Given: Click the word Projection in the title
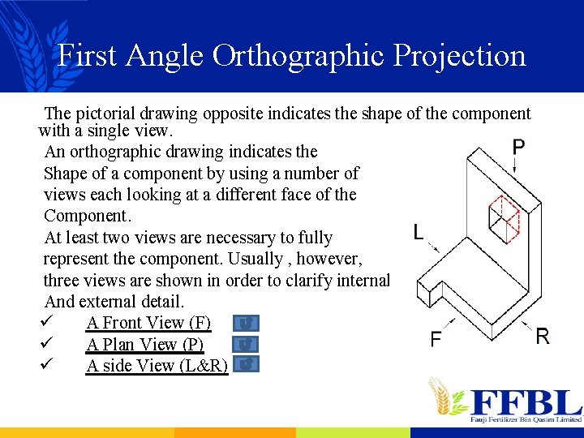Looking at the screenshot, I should pyautogui.click(x=460, y=56).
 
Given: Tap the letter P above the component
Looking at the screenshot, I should pyautogui.click(x=518, y=148).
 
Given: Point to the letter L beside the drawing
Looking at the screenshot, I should pyautogui.click(x=418, y=233).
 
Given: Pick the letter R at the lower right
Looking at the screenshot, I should pyautogui.click(x=543, y=336).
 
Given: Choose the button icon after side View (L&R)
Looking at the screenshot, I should pyautogui.click(x=250, y=364).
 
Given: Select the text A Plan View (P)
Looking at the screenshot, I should pyautogui.click(x=145, y=345).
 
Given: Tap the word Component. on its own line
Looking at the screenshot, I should pyautogui.click(x=88, y=216).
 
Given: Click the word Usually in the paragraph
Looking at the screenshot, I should pyautogui.click(x=310, y=259).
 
